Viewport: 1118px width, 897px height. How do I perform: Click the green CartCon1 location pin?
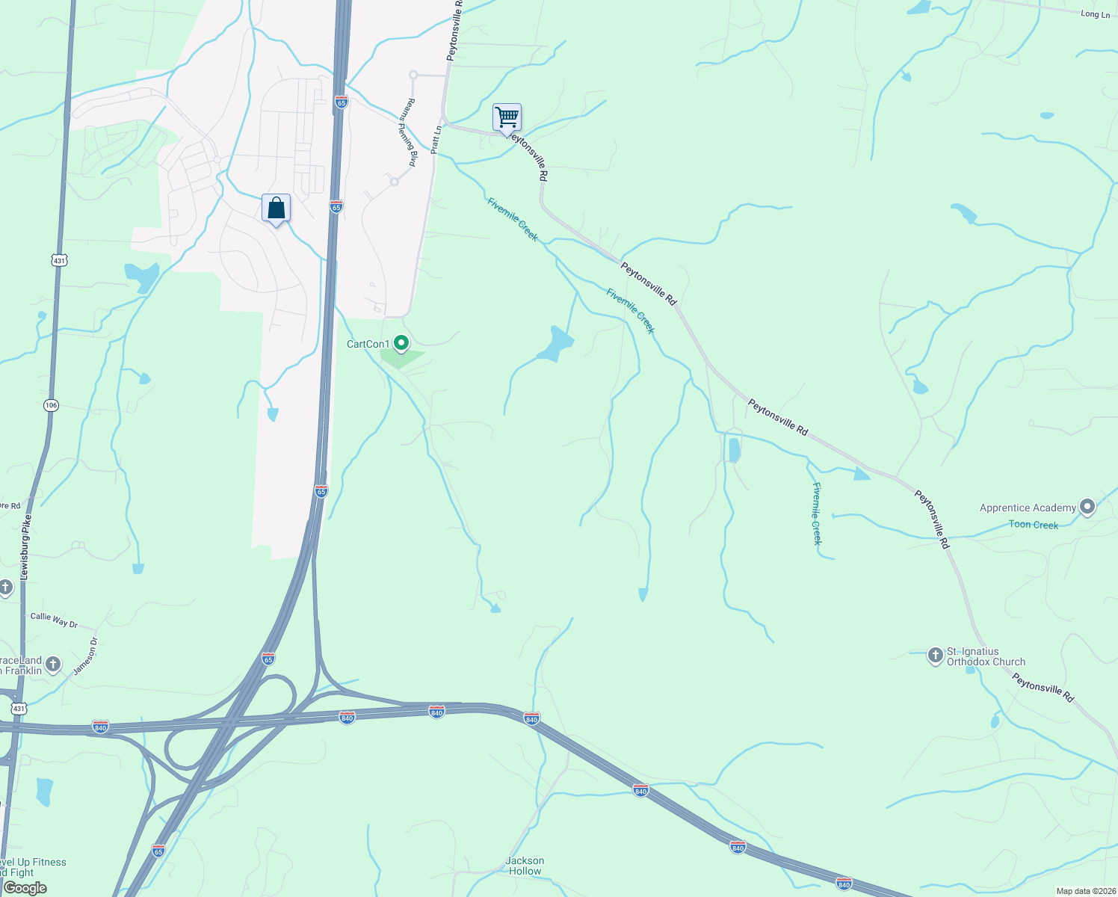[401, 343]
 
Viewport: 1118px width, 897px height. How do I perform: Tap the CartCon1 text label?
[368, 344]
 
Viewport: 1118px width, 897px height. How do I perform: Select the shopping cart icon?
[507, 117]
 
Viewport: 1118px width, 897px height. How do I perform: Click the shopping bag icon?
[276, 208]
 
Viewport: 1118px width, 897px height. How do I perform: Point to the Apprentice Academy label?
[1028, 508]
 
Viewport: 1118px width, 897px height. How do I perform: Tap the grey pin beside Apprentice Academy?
[1087, 508]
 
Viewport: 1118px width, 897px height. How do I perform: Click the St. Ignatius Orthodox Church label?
[985, 657]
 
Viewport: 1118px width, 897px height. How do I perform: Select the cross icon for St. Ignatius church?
[935, 656]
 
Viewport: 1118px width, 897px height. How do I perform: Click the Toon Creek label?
[1033, 525]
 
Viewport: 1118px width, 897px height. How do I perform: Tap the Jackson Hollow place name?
[525, 866]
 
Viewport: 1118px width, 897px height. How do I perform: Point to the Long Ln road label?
[1095, 14]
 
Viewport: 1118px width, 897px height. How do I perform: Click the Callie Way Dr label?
[54, 620]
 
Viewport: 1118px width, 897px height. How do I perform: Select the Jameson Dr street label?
[86, 656]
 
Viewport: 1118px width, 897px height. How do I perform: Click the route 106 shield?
[50, 405]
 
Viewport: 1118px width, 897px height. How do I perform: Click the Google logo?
[25, 888]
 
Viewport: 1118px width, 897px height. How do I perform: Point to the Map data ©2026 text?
[1085, 891]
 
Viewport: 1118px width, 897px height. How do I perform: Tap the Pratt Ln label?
[436, 140]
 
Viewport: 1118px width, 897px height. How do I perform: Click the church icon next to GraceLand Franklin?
[52, 664]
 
